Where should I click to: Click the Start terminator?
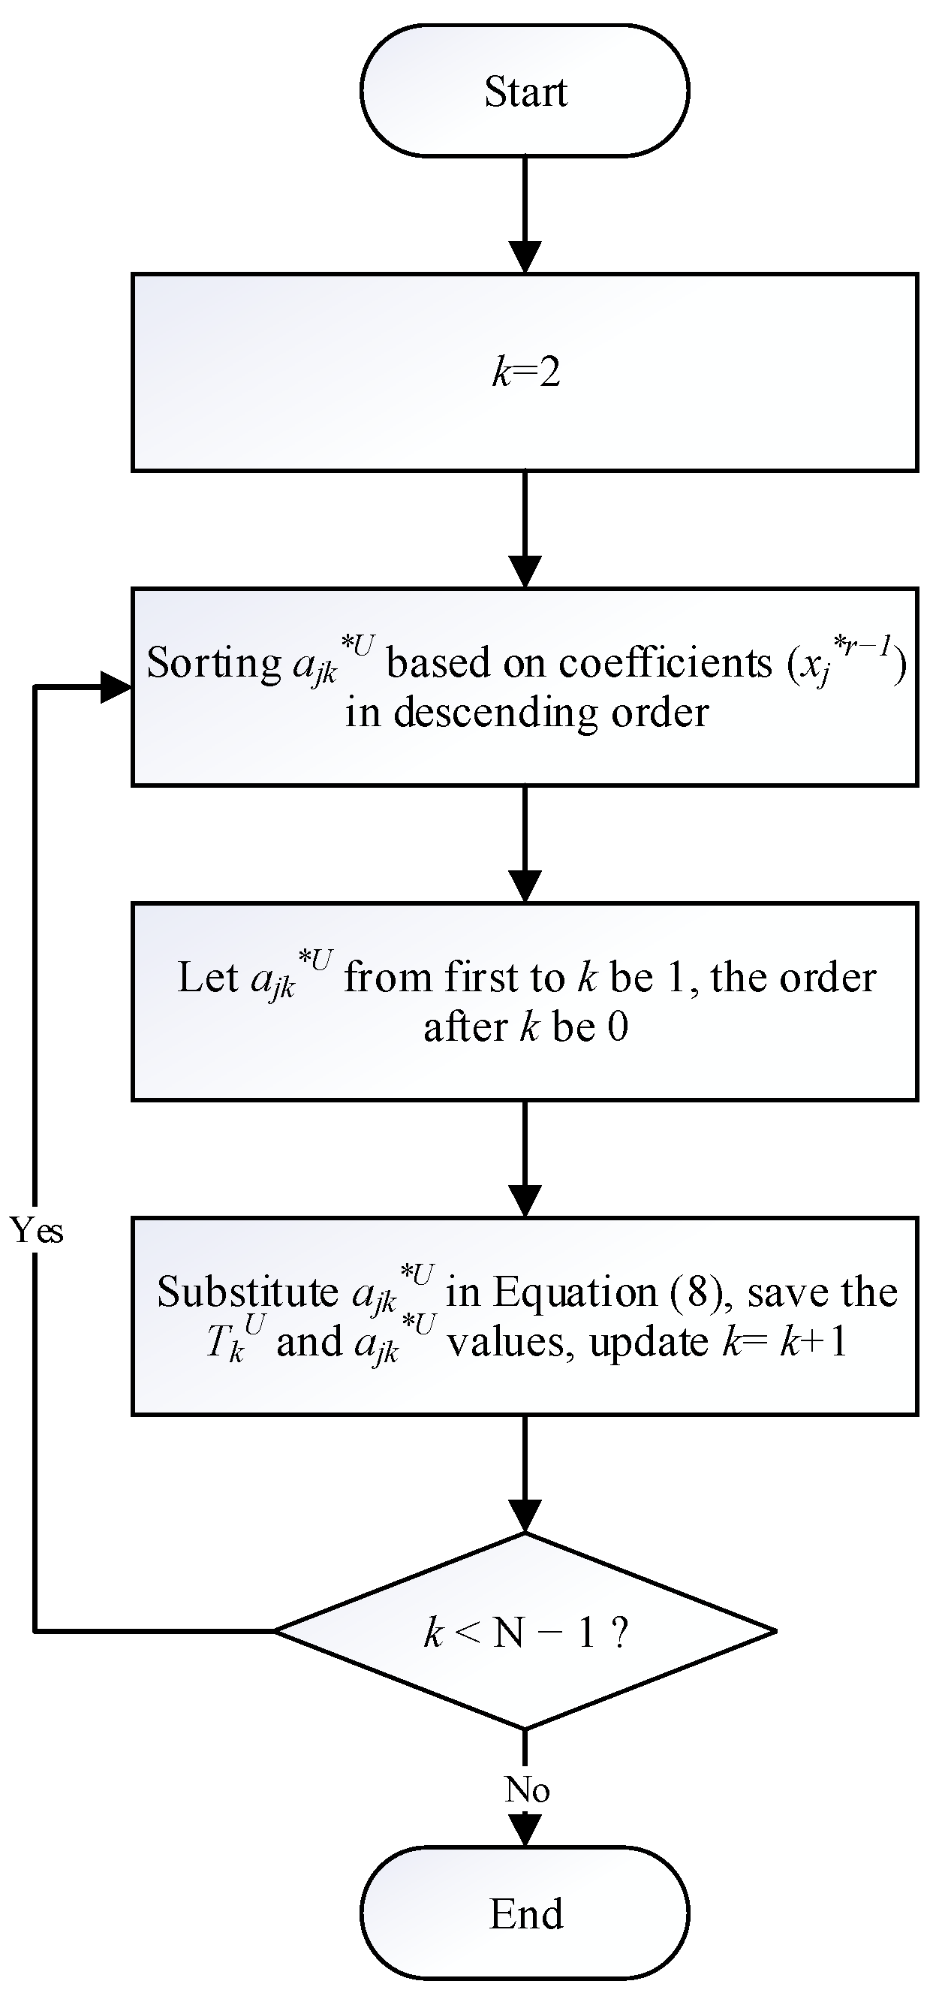pyautogui.click(x=525, y=92)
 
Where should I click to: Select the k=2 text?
pyautogui.click(x=526, y=373)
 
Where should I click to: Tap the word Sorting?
pyautogui.click(x=214, y=664)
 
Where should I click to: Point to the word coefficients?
pyautogui.click(x=666, y=663)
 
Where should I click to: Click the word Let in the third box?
pyautogui.click(x=206, y=977)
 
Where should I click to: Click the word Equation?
pyautogui.click(x=575, y=1292)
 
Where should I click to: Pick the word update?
pyautogui.click(x=649, y=1342)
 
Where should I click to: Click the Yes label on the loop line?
pyautogui.click(x=36, y=1230)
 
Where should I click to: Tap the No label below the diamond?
pyautogui.click(x=527, y=1790)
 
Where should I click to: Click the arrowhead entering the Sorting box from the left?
pyautogui.click(x=118, y=687)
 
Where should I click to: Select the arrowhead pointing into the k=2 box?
pyautogui.click(x=525, y=258)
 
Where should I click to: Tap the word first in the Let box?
pyautogui.click(x=477, y=977)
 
